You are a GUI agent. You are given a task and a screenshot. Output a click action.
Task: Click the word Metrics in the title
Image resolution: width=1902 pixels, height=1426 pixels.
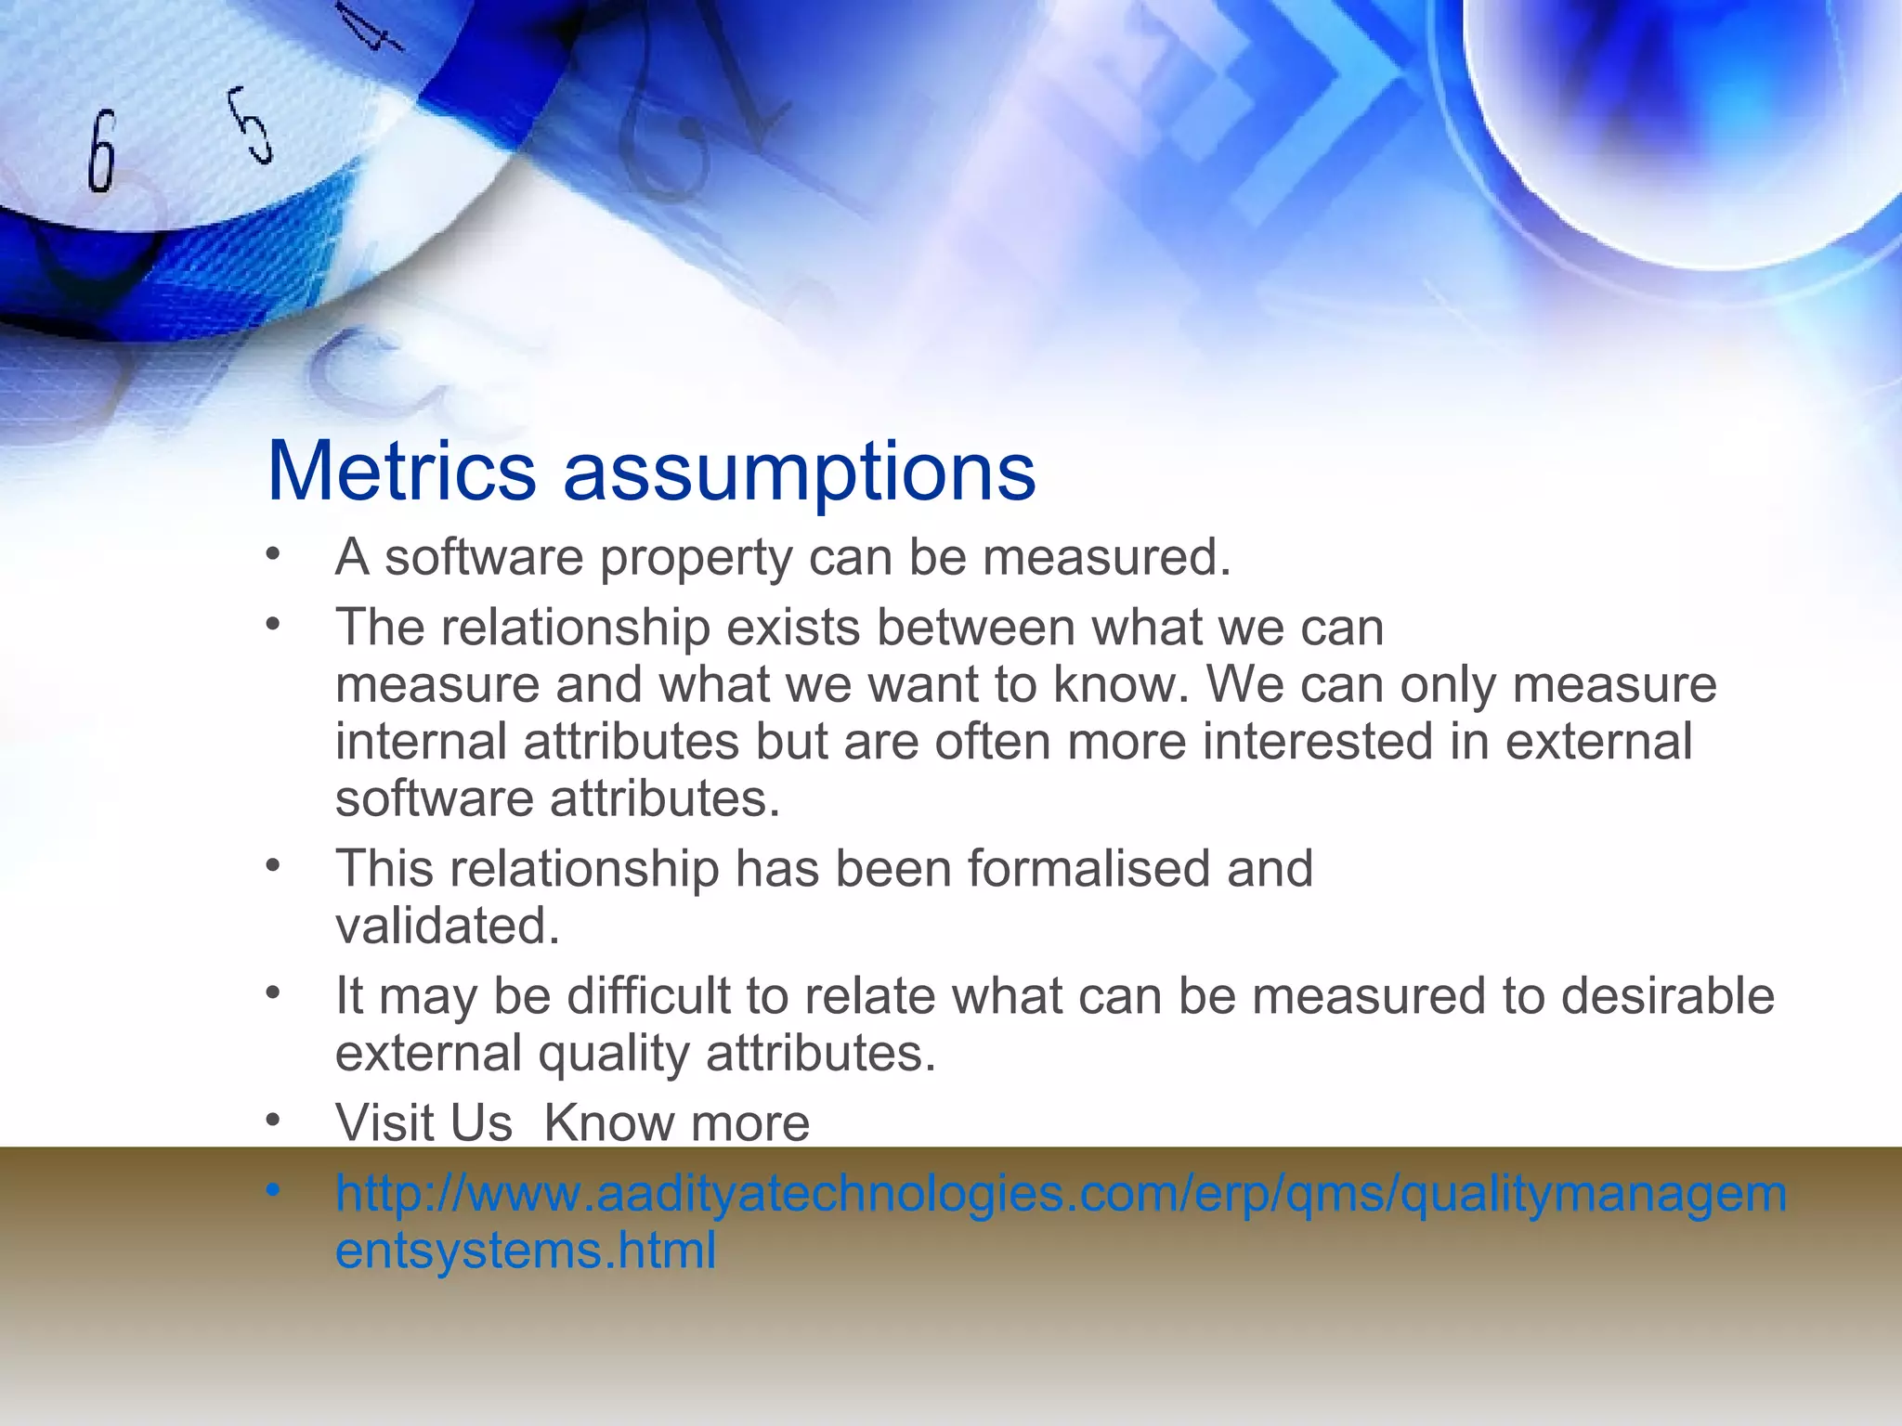pos(401,472)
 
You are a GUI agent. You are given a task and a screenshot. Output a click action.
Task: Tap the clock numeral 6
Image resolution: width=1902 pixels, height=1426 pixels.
pos(102,151)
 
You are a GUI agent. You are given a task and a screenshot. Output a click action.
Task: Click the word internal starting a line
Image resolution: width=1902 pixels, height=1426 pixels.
pos(422,742)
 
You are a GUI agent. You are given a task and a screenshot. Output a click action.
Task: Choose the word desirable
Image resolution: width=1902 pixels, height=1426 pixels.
pos(1667,996)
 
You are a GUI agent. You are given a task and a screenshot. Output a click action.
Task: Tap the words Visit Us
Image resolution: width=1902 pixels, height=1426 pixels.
pos(423,1123)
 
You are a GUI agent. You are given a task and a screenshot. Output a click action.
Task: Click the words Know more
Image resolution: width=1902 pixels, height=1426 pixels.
pos(676,1123)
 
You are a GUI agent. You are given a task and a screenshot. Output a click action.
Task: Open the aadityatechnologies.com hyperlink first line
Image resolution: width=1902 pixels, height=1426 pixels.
pos(1060,1194)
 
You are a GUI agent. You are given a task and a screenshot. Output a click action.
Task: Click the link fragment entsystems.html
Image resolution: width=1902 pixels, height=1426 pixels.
pos(526,1251)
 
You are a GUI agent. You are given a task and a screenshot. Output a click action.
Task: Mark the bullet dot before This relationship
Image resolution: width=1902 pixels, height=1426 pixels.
pos(272,866)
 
